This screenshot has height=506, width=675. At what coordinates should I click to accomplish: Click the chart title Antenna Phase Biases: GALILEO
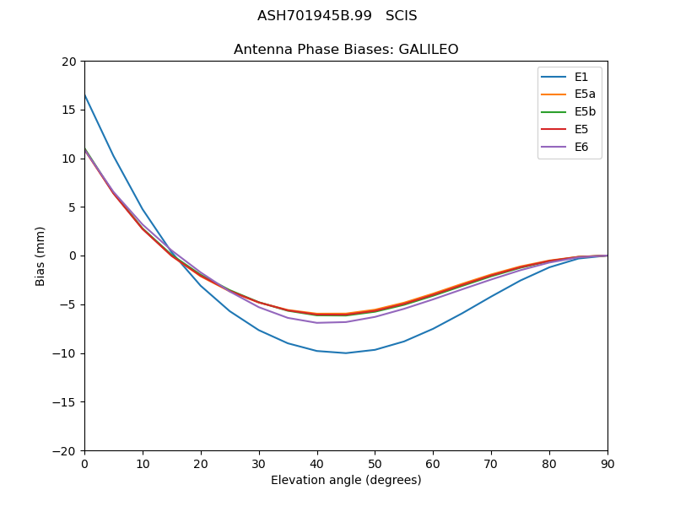tap(346, 50)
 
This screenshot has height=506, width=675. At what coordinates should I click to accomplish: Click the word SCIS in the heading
tap(401, 16)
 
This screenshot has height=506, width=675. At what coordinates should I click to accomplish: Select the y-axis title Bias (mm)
tap(40, 256)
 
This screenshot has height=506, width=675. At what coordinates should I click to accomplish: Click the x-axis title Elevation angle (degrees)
tap(346, 481)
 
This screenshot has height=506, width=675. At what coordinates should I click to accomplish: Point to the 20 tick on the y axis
tap(68, 61)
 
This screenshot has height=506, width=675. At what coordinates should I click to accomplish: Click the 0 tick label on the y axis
tap(72, 256)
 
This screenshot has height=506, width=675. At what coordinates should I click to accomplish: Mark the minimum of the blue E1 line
tap(346, 353)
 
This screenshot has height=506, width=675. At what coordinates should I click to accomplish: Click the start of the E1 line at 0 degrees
tap(85, 95)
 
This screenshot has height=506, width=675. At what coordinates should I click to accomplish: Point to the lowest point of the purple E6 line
tap(317, 323)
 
